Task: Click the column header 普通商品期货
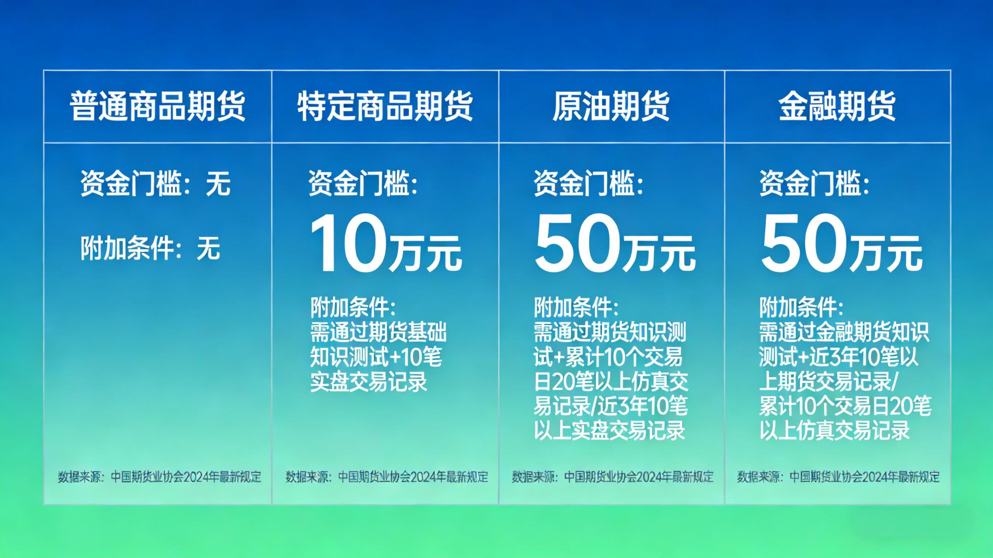coord(157,106)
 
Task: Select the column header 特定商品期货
coord(385,106)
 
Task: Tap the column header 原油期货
coord(611,106)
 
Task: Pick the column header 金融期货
coord(837,106)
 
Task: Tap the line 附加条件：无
coord(150,248)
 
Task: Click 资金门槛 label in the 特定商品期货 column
coord(363,183)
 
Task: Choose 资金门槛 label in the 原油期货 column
coord(588,183)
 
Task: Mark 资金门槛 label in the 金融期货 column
coord(814,183)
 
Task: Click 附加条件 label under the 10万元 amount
coord(353,308)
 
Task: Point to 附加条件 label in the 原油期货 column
coord(576,308)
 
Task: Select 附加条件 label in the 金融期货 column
coord(801,308)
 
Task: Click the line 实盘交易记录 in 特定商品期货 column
coord(368,382)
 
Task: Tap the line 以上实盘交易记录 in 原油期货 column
coord(609,430)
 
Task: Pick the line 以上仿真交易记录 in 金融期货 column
coord(834,430)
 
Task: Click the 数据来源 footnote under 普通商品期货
coord(159,477)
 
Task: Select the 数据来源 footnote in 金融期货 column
coord(838,477)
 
